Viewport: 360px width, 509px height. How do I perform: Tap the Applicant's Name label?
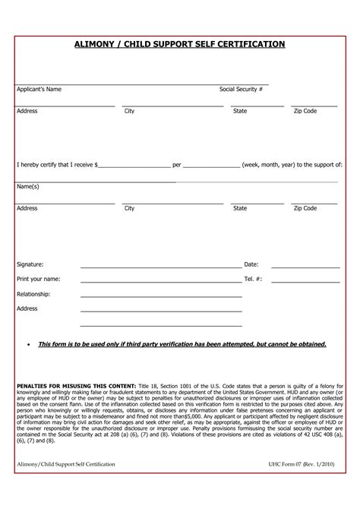(x=39, y=90)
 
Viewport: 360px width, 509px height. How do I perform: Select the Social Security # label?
(x=241, y=90)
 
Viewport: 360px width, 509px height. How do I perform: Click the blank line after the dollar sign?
(x=134, y=165)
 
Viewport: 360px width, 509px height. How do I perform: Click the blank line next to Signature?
(x=161, y=267)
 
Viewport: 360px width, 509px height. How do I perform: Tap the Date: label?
(x=251, y=264)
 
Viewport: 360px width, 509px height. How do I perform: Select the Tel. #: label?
(x=253, y=279)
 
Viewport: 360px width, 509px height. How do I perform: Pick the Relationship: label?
(x=33, y=293)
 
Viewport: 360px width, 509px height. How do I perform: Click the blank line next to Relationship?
(x=161, y=296)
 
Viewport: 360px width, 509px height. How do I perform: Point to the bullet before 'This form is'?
(x=28, y=344)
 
